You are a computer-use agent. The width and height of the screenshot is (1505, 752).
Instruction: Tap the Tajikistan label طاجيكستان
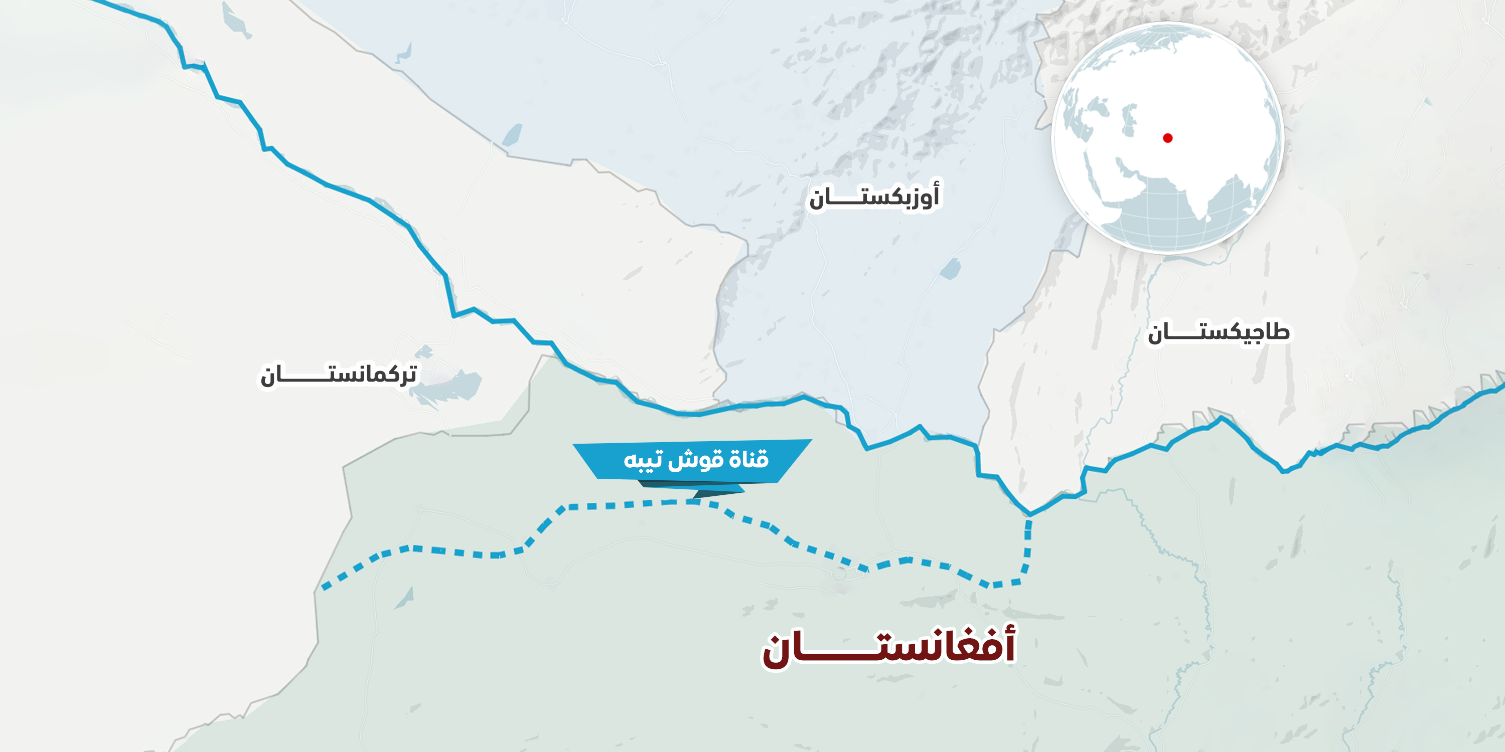click(x=1218, y=333)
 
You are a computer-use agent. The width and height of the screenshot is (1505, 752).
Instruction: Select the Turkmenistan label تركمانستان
click(x=339, y=374)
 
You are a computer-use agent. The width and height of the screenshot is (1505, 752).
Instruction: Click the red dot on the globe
click(x=1167, y=138)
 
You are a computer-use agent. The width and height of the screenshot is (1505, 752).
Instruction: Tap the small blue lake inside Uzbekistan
click(x=951, y=269)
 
